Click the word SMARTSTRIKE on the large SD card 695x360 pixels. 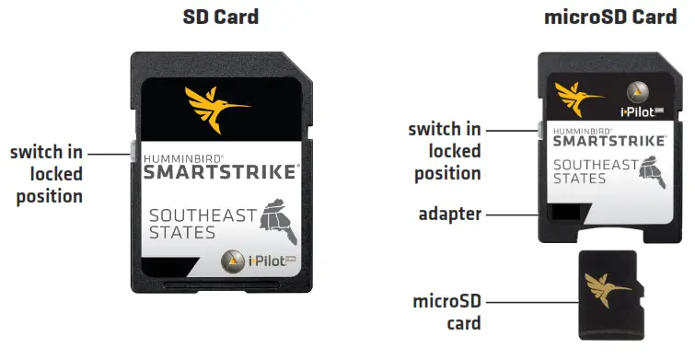(220, 171)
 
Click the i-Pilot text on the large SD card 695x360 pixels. (267, 263)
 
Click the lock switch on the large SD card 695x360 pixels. (134, 149)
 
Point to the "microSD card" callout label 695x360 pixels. (447, 313)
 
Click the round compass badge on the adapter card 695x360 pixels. (639, 93)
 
